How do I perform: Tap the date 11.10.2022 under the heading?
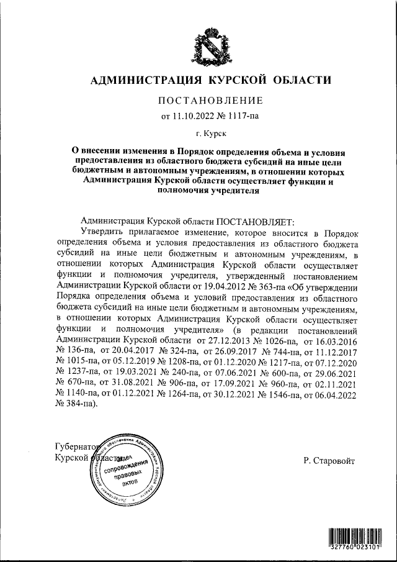tap(189, 115)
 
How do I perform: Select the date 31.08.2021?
tap(130, 383)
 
